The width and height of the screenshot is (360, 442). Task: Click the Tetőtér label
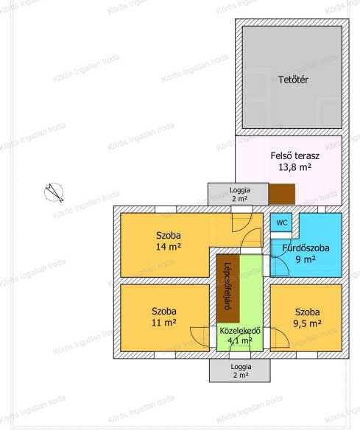(x=293, y=80)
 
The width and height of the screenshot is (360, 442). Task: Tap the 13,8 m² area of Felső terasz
(x=294, y=167)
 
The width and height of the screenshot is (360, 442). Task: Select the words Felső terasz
(x=294, y=155)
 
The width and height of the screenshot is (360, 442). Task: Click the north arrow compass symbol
(x=54, y=192)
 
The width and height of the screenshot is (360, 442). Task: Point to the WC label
(x=282, y=222)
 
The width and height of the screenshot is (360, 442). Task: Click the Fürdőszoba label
(x=306, y=248)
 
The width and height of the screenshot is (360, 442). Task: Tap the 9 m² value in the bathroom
(x=306, y=259)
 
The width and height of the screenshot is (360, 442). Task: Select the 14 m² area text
(x=168, y=248)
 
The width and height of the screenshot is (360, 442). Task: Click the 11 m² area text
(x=164, y=323)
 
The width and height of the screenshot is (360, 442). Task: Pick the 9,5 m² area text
(x=307, y=323)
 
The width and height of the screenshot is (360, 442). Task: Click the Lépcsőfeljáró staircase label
(x=228, y=287)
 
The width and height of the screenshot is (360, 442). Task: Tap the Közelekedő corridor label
(x=240, y=331)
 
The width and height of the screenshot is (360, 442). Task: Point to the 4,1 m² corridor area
(x=240, y=341)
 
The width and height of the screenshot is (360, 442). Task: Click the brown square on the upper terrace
(x=282, y=194)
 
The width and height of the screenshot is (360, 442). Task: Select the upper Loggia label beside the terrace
(x=240, y=190)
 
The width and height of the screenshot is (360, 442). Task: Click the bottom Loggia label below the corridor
(x=241, y=367)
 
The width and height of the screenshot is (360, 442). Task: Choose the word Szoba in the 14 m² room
(x=168, y=236)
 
